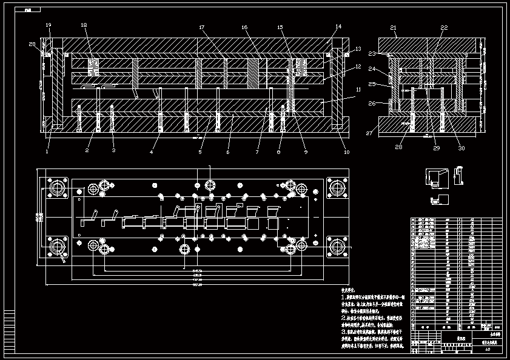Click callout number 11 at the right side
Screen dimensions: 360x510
[x=358, y=90]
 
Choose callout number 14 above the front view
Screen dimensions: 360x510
[x=338, y=27]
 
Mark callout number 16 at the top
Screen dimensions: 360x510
[x=244, y=27]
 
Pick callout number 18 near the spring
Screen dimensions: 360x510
[x=84, y=25]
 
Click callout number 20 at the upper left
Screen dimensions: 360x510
[x=33, y=44]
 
